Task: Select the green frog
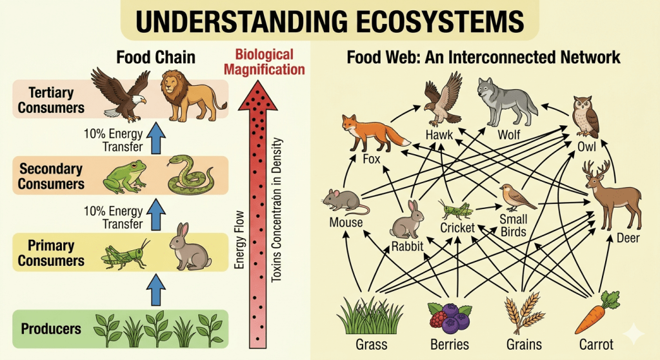point(125,176)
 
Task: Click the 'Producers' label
point(51,329)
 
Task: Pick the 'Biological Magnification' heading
point(264,62)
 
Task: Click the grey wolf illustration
point(506,101)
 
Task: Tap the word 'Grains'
point(524,345)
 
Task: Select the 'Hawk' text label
point(439,135)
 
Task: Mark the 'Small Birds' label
point(513,225)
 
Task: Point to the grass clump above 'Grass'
point(370,315)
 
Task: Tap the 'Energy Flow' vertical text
point(239,239)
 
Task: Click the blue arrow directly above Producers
point(155,290)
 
